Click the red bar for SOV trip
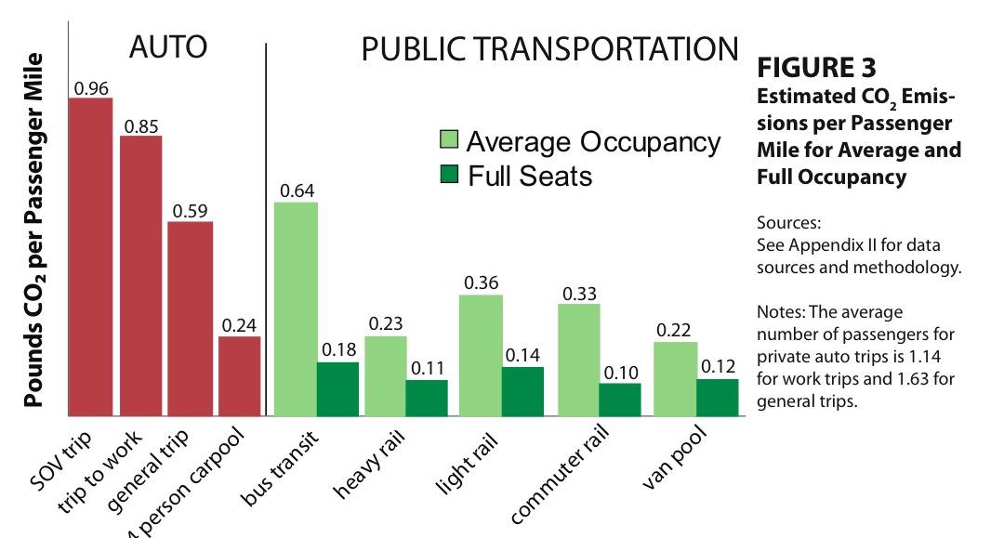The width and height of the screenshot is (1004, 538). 90,256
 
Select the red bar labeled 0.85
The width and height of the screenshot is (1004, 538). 140,276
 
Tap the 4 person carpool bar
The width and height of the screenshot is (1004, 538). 239,375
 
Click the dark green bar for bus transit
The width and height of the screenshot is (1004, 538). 337,388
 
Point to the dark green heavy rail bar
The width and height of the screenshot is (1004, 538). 427,397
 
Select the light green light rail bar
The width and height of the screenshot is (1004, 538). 481,355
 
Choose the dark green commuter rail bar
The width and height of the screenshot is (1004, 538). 620,399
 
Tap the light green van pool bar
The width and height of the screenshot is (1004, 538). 675,378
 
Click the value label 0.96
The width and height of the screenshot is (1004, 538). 91,88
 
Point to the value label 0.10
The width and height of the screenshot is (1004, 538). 620,373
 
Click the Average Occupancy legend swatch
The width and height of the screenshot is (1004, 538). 448,141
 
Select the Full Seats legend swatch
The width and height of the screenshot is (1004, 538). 448,175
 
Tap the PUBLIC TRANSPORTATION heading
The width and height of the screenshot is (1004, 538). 548,50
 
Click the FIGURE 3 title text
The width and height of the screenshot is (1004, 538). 817,69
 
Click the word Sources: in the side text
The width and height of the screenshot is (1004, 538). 789,224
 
